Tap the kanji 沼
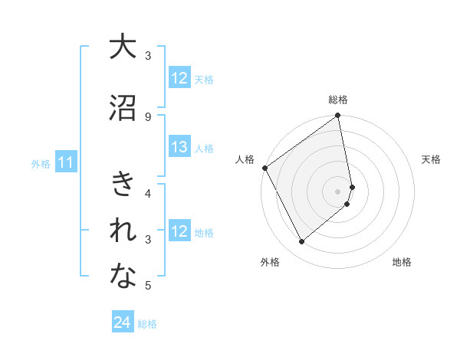123,109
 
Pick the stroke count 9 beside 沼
148,116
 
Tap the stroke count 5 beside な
148,286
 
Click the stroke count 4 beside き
148,193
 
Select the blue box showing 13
179,147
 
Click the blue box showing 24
123,322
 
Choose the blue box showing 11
66,162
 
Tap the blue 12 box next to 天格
179,78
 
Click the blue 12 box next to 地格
179,231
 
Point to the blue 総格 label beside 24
147,324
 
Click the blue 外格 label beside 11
41,163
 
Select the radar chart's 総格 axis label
338,100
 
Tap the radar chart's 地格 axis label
402,263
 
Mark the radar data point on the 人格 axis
264,168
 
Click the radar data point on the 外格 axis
301,242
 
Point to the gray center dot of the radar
338,191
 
